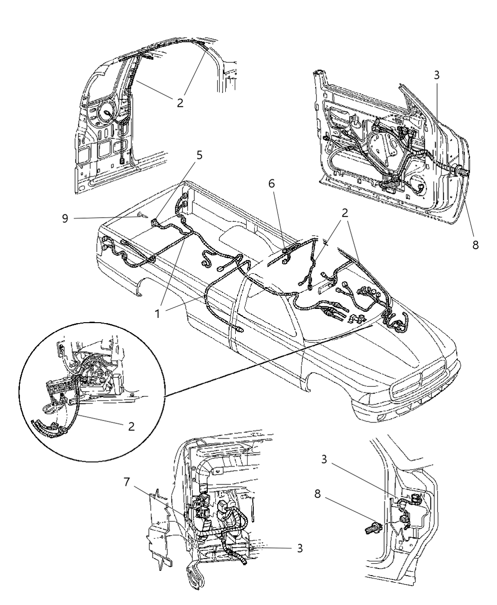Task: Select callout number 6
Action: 272,183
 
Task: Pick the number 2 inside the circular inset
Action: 131,426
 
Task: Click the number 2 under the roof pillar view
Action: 180,102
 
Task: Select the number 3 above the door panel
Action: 436,75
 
